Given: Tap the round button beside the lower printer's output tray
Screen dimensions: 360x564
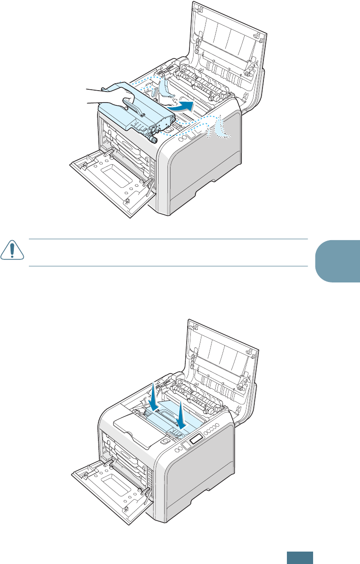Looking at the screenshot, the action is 165,440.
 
